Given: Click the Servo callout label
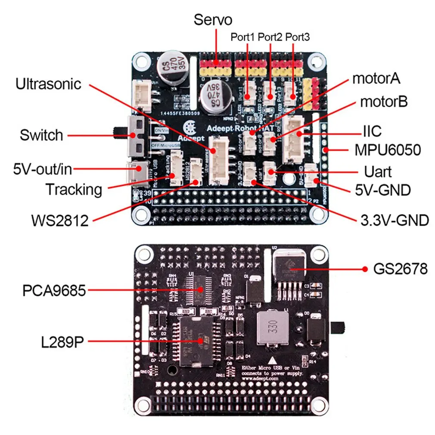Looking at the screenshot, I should pyautogui.click(x=213, y=20).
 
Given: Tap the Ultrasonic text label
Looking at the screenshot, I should pyautogui.click(x=48, y=84).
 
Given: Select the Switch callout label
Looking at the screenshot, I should pyautogui.click(x=41, y=135).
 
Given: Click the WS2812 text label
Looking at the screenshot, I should pyautogui.click(x=59, y=221).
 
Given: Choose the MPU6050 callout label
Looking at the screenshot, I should pyautogui.click(x=387, y=150).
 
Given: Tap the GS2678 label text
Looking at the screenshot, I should pyautogui.click(x=401, y=269).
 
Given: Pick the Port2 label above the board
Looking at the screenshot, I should pyautogui.click(x=270, y=37).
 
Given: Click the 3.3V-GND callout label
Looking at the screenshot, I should pyautogui.click(x=395, y=221).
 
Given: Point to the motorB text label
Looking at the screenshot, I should pyautogui.click(x=384, y=102).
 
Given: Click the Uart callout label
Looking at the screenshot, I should pyautogui.click(x=378, y=172).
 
